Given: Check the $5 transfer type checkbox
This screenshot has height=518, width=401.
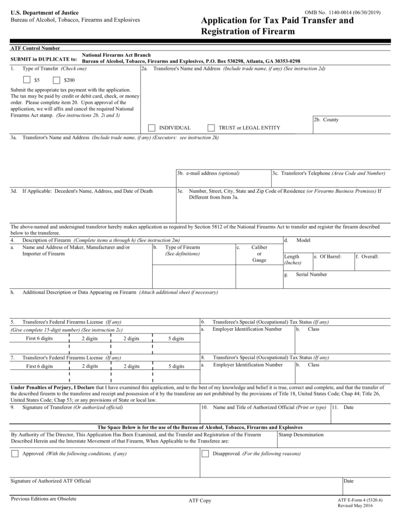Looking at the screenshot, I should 27,80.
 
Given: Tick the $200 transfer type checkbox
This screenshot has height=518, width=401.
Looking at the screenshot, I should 56,80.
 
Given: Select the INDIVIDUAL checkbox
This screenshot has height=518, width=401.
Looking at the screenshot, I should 152,127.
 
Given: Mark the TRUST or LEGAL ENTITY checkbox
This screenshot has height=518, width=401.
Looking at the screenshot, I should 211,127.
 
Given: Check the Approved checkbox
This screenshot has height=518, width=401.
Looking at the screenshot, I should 15,454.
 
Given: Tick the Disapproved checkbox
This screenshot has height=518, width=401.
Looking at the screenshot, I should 205,454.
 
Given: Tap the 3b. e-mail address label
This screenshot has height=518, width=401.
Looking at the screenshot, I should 208,174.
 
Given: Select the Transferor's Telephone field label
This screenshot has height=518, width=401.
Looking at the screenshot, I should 329,174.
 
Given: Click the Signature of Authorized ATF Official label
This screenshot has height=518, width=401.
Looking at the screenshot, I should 51,481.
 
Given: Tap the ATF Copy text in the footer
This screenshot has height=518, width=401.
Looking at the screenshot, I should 200,501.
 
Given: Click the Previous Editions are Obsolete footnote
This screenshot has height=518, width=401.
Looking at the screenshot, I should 43,499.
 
